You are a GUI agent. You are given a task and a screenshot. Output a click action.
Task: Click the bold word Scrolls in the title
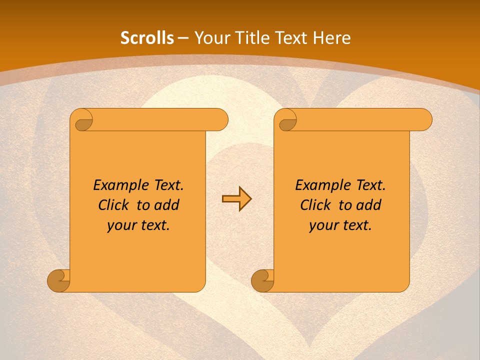(x=147, y=38)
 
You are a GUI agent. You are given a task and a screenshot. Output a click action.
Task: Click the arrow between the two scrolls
(x=236, y=199)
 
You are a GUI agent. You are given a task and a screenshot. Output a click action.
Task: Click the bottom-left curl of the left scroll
(x=59, y=280)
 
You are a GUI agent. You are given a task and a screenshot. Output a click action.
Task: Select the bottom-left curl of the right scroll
(x=263, y=280)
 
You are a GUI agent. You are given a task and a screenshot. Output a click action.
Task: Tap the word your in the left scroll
(x=121, y=225)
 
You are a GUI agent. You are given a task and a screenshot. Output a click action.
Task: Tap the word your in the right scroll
(x=323, y=225)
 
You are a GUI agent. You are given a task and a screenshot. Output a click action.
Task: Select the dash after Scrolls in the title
(x=183, y=38)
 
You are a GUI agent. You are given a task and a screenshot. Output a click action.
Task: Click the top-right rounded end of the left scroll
(x=220, y=120)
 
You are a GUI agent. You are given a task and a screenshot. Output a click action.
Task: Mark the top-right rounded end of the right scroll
(x=424, y=120)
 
